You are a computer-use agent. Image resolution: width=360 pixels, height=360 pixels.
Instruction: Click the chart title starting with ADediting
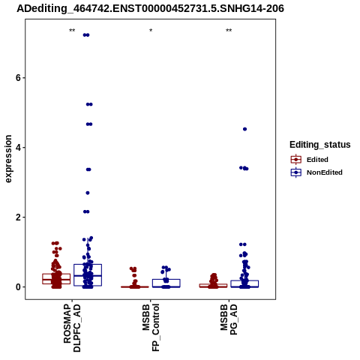click(150, 8)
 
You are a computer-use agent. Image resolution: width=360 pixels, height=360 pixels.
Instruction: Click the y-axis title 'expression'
click(8, 159)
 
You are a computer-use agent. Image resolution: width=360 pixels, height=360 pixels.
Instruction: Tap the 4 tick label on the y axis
click(18, 148)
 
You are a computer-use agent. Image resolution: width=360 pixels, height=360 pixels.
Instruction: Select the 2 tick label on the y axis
click(18, 217)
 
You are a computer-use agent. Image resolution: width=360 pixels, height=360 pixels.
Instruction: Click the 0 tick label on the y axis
click(18, 287)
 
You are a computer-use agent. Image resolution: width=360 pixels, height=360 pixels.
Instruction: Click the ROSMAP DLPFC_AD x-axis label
click(72, 328)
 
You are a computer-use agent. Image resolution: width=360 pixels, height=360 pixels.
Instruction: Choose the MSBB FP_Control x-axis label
click(151, 327)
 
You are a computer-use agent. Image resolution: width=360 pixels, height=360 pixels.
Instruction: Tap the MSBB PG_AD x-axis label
click(229, 319)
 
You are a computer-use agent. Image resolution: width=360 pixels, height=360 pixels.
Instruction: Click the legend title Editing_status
click(320, 145)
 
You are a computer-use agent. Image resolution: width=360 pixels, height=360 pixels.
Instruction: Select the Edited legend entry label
click(317, 160)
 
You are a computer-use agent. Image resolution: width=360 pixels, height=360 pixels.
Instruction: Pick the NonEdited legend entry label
click(325, 172)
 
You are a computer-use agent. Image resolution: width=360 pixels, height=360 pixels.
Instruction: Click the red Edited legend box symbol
click(296, 160)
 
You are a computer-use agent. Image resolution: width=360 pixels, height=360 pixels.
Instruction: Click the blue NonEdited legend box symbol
click(296, 172)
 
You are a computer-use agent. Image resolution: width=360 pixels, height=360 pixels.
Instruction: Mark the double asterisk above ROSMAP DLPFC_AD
click(72, 31)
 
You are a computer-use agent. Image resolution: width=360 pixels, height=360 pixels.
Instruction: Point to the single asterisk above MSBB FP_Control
click(151, 31)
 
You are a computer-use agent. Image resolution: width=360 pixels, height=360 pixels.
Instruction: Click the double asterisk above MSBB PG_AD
click(229, 31)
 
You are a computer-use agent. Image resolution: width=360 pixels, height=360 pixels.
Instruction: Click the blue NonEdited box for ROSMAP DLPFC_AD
click(88, 275)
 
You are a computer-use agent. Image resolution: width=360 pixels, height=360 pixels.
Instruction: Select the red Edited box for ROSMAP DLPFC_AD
click(56, 279)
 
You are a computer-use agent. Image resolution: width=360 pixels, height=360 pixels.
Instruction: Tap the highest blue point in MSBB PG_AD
click(244, 129)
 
